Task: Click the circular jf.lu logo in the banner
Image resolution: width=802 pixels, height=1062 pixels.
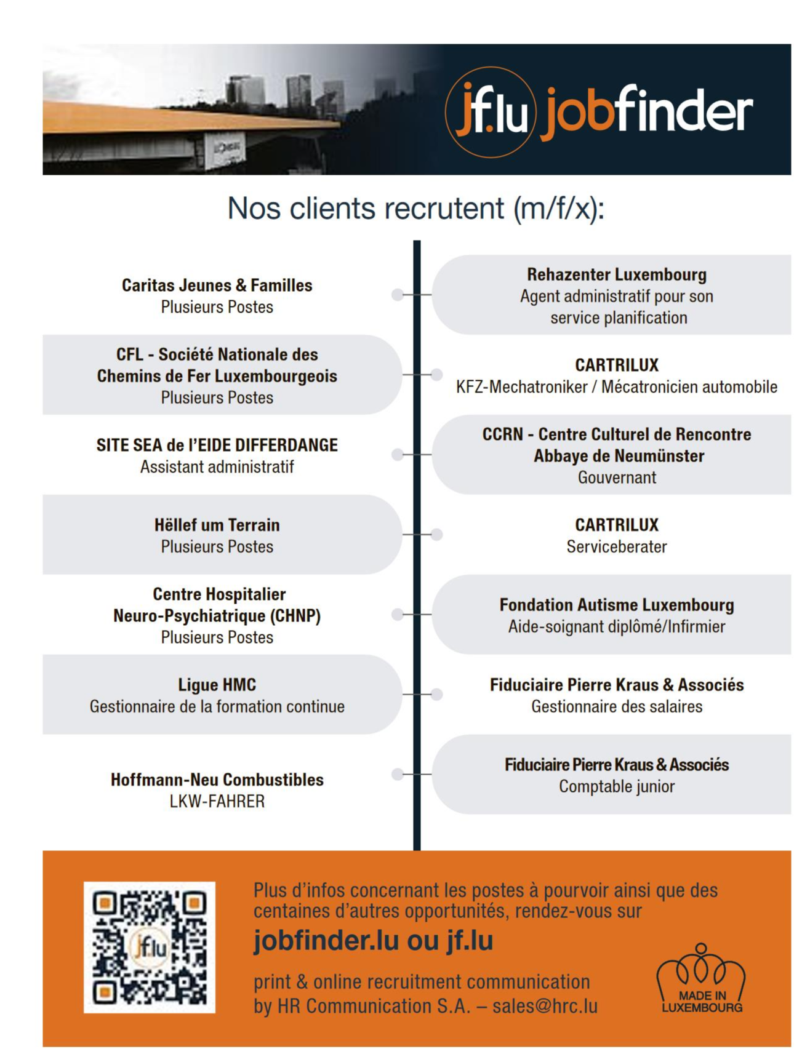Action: point(490,112)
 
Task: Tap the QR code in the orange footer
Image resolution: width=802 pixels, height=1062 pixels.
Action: point(150,947)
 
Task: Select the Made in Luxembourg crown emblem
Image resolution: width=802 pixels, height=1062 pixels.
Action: point(701,978)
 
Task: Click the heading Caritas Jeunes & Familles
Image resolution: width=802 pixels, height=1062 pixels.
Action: point(217,285)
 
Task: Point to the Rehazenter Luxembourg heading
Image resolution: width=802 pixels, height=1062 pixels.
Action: point(616,274)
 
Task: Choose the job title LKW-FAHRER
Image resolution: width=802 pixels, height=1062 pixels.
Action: point(217,801)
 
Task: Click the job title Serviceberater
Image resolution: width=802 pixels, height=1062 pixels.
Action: point(616,546)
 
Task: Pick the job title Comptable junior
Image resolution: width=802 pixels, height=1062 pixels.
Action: point(616,786)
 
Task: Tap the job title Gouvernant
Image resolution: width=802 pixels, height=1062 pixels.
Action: point(616,477)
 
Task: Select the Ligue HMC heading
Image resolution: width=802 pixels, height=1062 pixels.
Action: point(217,685)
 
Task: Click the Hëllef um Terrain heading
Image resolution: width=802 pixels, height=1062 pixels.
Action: point(217,525)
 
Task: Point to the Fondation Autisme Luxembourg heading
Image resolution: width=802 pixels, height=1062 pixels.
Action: point(616,605)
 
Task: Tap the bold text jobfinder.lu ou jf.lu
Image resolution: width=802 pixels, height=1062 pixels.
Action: point(373,941)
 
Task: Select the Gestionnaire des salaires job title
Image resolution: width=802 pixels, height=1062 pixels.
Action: point(616,706)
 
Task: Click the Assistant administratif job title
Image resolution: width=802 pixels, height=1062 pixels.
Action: point(217,467)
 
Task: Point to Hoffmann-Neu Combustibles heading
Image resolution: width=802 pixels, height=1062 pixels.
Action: point(217,780)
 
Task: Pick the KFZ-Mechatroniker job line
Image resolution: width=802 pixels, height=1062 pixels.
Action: point(616,387)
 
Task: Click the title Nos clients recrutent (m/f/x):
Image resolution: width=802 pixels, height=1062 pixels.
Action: point(416,208)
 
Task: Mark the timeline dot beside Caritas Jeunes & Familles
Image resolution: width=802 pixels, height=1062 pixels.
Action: point(398,295)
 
